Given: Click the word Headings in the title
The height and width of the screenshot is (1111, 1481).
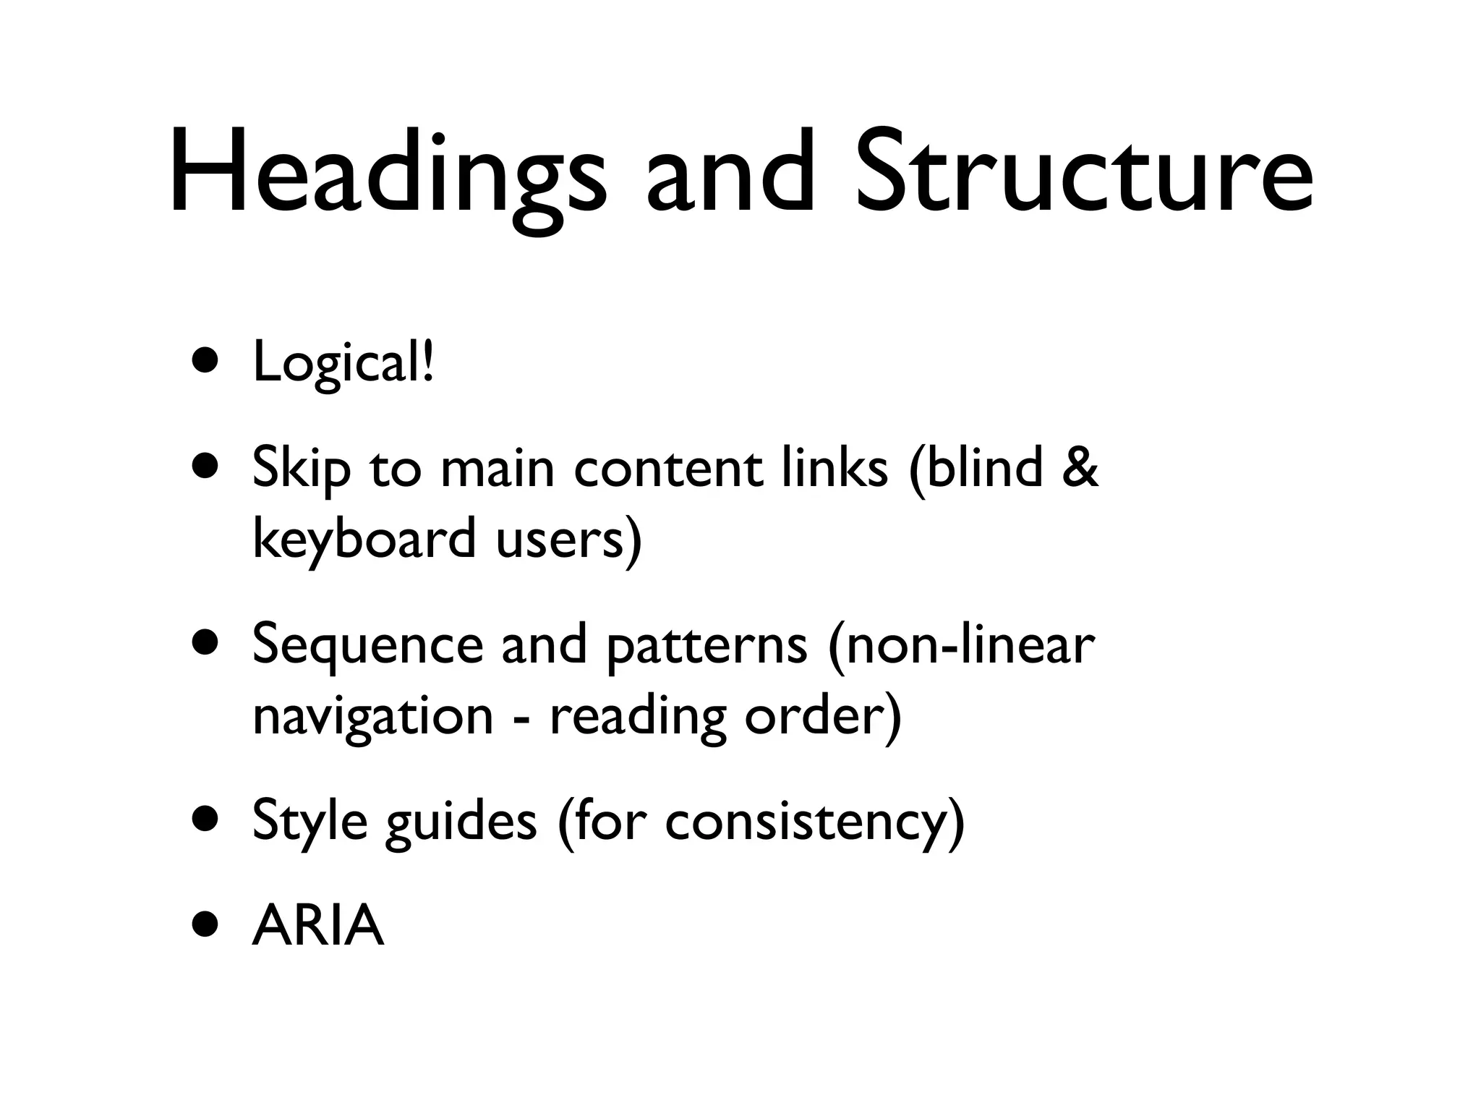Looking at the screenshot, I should (x=387, y=174).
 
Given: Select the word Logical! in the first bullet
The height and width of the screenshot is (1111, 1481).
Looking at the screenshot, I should (x=343, y=363).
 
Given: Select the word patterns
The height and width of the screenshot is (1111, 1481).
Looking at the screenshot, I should (x=706, y=646).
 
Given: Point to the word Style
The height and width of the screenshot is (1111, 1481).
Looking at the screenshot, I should (x=309, y=822).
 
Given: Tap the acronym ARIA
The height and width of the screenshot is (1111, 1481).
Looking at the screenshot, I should (x=317, y=926).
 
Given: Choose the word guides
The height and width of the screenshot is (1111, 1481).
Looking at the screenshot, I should (x=461, y=822).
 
